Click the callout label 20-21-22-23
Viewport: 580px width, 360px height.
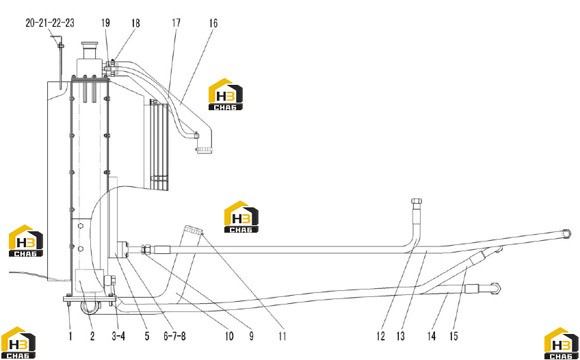point(50,23)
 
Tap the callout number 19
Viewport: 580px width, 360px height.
point(105,23)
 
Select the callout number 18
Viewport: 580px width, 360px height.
point(135,23)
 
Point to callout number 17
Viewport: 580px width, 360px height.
point(176,23)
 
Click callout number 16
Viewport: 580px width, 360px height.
point(213,23)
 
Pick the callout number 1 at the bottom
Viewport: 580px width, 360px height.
point(70,336)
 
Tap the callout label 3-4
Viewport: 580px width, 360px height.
point(118,336)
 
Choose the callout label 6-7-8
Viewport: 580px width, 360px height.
point(174,336)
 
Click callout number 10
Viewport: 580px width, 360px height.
point(229,336)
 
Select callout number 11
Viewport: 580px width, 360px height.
point(282,336)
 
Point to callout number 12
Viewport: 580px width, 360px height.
point(380,336)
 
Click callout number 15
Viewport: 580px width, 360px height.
point(453,336)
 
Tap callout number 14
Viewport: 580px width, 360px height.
point(432,336)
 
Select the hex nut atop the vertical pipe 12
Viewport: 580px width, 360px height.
point(417,201)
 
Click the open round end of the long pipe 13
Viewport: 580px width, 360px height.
point(566,234)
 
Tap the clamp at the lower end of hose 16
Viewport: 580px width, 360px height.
point(205,150)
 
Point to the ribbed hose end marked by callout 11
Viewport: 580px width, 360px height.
point(194,230)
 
